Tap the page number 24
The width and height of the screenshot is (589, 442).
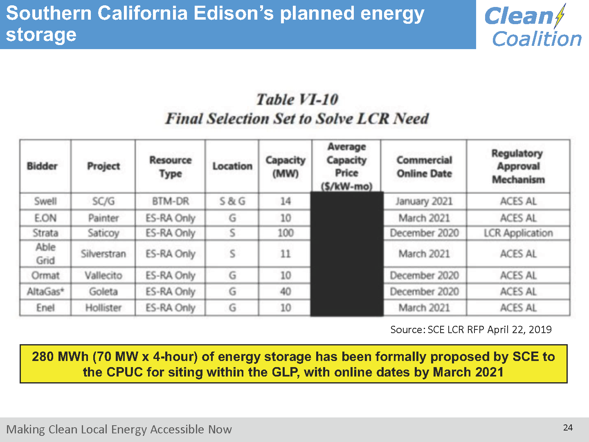[568, 428]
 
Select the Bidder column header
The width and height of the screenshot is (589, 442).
[42, 166]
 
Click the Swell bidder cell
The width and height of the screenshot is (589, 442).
[45, 201]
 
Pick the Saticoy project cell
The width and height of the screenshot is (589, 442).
[103, 233]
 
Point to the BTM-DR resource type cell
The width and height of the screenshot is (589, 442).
[171, 201]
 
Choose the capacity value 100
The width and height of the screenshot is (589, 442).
[286, 233]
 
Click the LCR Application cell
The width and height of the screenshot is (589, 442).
[518, 233]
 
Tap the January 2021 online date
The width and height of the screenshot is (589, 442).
[424, 201]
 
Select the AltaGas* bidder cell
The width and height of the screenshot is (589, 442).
[45, 291]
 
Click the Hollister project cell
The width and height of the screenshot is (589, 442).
[103, 307]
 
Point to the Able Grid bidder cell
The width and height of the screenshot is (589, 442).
[45, 254]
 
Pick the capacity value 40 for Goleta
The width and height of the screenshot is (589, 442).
[286, 291]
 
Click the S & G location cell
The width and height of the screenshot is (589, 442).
[232, 201]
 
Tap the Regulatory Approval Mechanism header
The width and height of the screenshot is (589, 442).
[518, 166]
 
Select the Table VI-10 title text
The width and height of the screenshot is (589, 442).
[297, 99]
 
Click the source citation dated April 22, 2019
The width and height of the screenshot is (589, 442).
[471, 329]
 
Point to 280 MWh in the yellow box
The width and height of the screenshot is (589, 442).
[60, 356]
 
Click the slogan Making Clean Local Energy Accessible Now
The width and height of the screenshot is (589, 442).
[119, 429]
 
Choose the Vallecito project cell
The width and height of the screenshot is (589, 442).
[103, 275]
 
